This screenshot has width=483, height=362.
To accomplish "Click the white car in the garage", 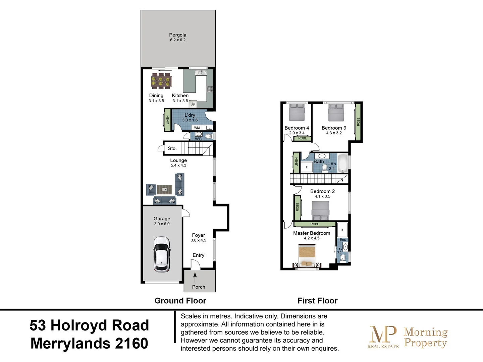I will coord(162,254).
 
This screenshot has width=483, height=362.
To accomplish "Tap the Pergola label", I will coord(177,35).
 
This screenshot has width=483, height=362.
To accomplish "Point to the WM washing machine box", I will coord(197,128).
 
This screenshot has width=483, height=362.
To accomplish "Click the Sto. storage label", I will coord(172,148).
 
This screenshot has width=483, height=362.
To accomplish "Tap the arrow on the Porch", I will coord(195,277).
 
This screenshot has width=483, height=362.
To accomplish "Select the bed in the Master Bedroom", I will coord(307,256).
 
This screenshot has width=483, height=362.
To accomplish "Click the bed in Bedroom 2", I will coord(320,210).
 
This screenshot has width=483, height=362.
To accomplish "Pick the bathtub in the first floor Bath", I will coord(343,163).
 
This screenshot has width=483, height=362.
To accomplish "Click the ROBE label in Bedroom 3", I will coord(358,122).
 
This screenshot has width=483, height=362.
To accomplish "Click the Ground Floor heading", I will coord(180,301).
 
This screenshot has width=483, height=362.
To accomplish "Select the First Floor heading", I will coord(317,301).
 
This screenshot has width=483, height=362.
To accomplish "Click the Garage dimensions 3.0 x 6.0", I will coord(162,224).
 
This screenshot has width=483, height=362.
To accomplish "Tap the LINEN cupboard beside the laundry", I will coord(167,120).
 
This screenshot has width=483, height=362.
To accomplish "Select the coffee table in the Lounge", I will coord(164,190).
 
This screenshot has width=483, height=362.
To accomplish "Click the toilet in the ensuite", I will coord(343,258).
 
